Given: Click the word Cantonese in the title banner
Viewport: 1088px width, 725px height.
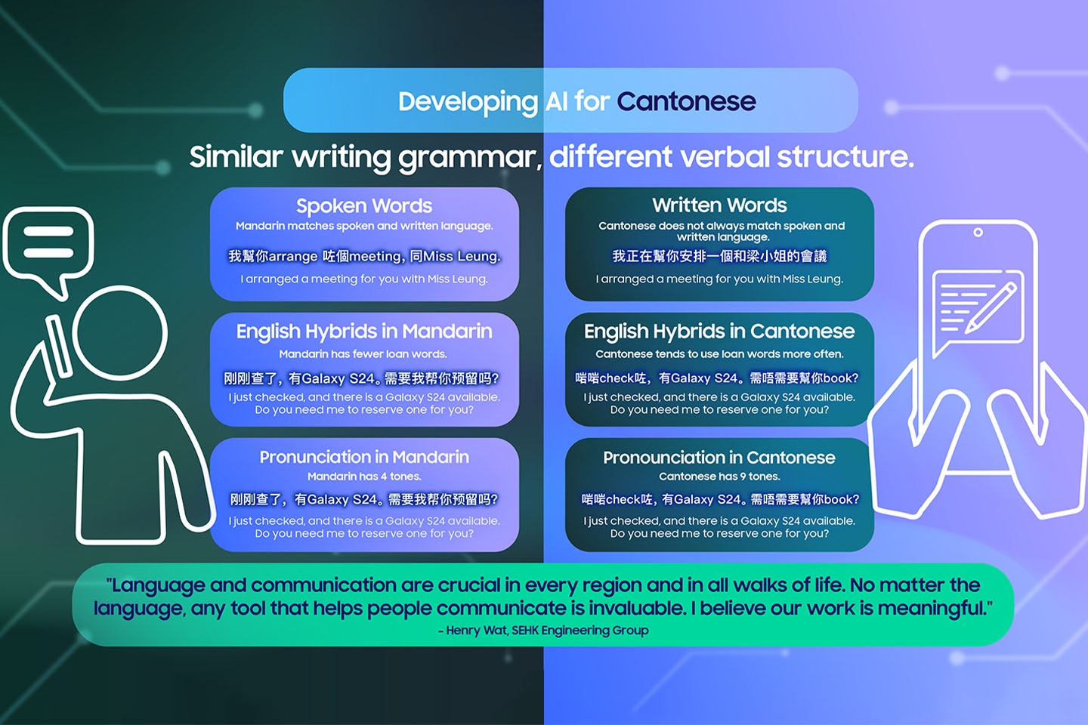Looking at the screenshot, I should pyautogui.click(x=686, y=101).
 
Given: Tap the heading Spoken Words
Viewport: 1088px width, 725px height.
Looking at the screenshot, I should pyautogui.click(x=364, y=206).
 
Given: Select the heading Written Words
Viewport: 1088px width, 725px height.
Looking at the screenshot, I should pyautogui.click(x=719, y=205).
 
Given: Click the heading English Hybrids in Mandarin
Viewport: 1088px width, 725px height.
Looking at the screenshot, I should pyautogui.click(x=364, y=332).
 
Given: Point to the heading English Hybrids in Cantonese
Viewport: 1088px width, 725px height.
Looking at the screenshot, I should pyautogui.click(x=719, y=332).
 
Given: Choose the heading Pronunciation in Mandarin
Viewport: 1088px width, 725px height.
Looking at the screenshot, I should pyautogui.click(x=364, y=457).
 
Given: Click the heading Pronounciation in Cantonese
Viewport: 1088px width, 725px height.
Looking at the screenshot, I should pyautogui.click(x=719, y=458).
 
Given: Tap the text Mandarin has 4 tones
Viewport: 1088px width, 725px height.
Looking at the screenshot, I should pyautogui.click(x=364, y=477).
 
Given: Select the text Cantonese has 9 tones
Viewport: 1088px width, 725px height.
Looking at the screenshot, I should pyautogui.click(x=719, y=477).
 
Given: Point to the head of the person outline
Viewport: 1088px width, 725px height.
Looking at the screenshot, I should pyautogui.click(x=120, y=332).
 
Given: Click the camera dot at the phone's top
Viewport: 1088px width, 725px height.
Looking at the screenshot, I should pyautogui.click(x=978, y=233).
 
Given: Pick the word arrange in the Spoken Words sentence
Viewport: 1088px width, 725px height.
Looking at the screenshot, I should pyautogui.click(x=293, y=257).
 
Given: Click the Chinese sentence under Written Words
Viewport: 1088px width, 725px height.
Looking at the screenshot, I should pyautogui.click(x=719, y=257).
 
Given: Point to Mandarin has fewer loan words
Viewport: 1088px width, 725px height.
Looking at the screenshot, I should pyautogui.click(x=363, y=354).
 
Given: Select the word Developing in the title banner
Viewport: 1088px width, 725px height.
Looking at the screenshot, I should pyautogui.click(x=468, y=101).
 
